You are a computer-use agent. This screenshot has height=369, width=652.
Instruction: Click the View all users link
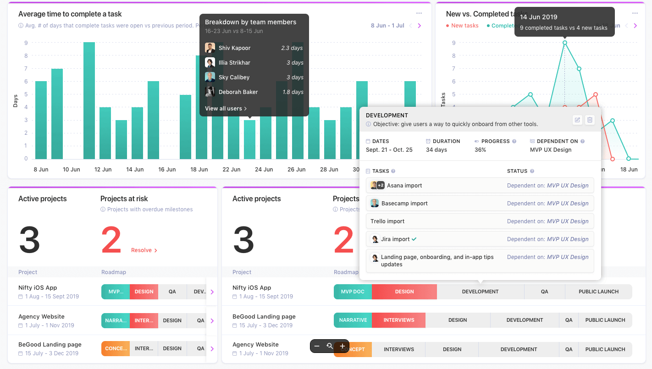(x=226, y=109)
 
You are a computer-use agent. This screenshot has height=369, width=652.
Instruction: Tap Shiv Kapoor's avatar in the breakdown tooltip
(x=210, y=48)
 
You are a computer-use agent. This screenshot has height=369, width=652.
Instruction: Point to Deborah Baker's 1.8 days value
(x=292, y=92)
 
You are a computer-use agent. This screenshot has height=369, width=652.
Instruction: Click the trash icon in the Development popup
(x=590, y=120)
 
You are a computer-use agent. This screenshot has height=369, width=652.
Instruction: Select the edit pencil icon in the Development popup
(x=577, y=120)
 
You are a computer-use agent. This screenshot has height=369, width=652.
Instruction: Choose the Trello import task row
(x=480, y=221)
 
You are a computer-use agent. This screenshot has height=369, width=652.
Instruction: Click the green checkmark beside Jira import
(x=414, y=239)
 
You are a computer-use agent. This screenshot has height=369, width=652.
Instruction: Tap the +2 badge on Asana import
(x=381, y=186)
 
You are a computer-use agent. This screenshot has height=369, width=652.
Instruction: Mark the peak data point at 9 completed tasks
(x=564, y=43)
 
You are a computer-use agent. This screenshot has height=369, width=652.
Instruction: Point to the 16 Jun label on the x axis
(x=167, y=170)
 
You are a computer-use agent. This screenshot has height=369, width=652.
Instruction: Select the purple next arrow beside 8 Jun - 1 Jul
(x=419, y=26)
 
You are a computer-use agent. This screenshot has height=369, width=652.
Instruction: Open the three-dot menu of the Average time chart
(x=419, y=13)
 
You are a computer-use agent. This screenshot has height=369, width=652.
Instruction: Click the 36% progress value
(x=480, y=150)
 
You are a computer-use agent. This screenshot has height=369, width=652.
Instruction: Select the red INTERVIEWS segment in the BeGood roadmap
(x=398, y=320)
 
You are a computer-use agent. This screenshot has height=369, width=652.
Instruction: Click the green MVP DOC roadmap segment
(x=353, y=292)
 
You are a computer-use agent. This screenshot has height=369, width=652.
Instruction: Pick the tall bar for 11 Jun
(x=89, y=101)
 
